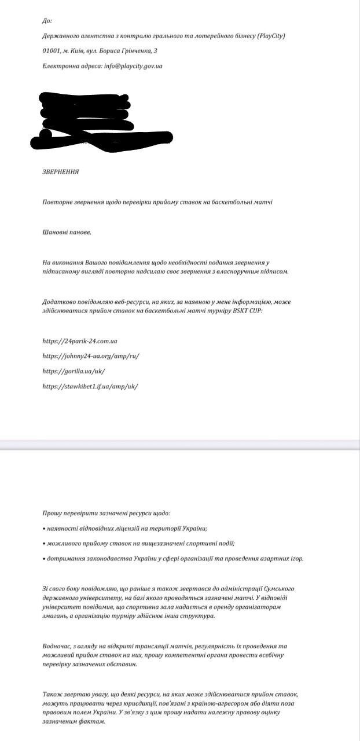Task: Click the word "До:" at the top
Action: click(47, 21)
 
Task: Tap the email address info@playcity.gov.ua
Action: click(133, 66)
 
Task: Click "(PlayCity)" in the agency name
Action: click(267, 36)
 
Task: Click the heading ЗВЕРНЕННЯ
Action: click(61, 172)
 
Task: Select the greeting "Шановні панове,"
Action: click(67, 232)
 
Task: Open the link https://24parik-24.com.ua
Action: click(84, 341)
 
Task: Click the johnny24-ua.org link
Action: click(91, 356)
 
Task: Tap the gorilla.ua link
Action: click(74, 371)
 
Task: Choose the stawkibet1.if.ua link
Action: click(90, 386)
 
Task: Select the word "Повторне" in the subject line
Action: click(57, 202)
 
